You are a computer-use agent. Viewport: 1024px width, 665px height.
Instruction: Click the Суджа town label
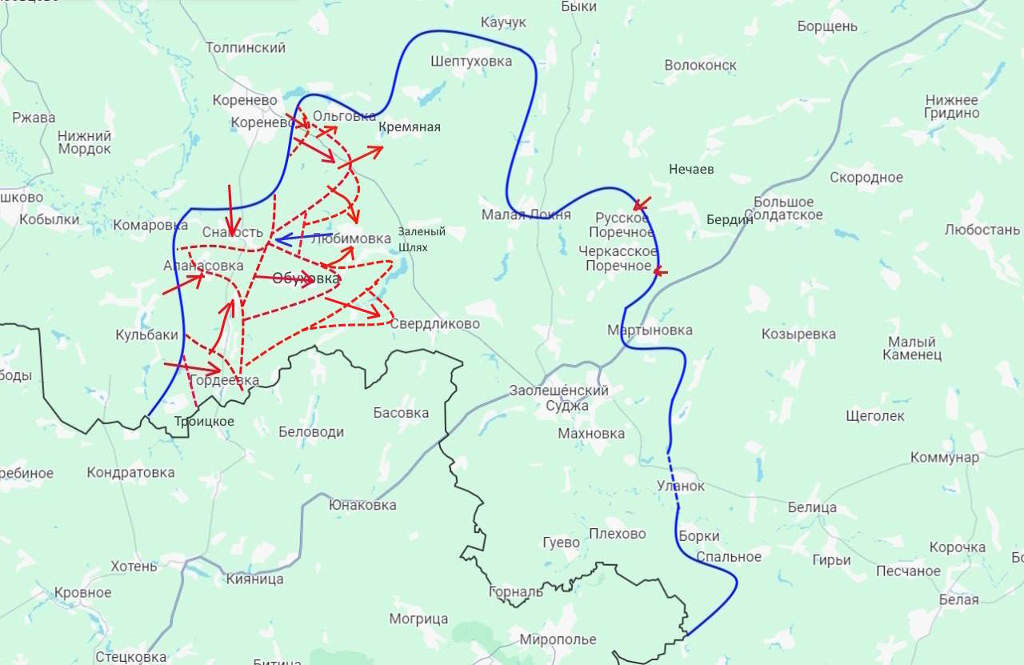point(567,406)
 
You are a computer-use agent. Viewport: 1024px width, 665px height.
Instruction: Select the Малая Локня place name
point(526,214)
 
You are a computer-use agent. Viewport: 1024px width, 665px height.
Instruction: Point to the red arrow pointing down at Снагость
point(230,210)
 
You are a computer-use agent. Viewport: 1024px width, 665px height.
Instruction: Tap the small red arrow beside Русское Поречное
point(642,203)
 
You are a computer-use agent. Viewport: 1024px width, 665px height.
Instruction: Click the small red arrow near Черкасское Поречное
point(659,271)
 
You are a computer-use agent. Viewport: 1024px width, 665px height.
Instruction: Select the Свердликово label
point(434,324)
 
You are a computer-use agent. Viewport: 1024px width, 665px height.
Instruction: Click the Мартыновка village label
point(650,330)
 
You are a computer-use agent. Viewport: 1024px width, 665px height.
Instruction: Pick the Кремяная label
point(410,127)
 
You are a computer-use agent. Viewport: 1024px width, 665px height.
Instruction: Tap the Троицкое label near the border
point(204,422)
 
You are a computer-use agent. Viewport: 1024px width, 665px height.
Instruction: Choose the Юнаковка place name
point(362,506)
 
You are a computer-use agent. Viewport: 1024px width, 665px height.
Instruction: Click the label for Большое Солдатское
point(783,209)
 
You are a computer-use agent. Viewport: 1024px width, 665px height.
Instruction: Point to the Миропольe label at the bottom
point(558,640)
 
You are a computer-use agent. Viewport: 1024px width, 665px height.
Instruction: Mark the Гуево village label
point(560,543)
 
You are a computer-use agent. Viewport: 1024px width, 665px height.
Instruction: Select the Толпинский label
point(246,48)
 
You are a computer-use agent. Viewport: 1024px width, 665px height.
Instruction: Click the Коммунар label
point(944,458)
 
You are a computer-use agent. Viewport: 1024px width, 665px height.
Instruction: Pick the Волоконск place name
point(700,66)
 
